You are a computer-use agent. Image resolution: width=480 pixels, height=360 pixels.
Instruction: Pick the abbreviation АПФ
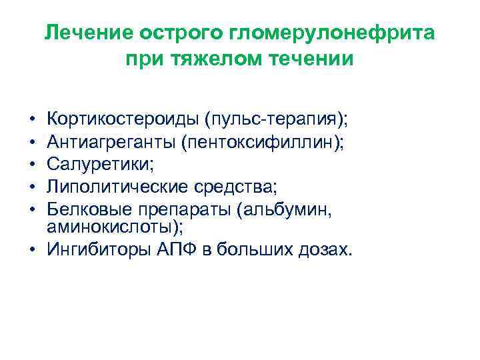[x=180, y=249]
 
